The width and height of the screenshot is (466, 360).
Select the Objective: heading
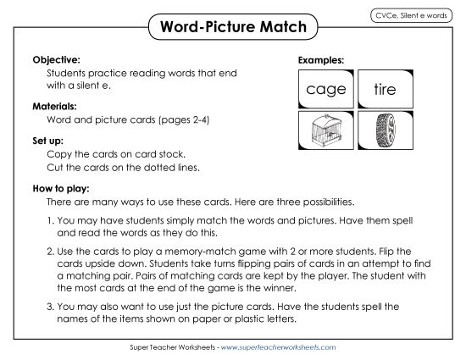(56, 61)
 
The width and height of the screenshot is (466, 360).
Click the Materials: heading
(55, 107)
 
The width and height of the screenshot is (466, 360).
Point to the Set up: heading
(48, 140)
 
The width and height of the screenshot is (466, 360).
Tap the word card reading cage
(327, 88)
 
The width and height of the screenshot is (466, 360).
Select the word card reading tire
(390, 88)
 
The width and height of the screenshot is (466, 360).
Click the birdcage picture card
(327, 129)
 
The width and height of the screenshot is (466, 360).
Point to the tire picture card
(390, 129)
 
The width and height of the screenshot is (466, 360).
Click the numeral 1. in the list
(51, 219)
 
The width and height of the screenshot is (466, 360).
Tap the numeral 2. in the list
(51, 252)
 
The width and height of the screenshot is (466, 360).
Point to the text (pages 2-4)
(180, 120)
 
